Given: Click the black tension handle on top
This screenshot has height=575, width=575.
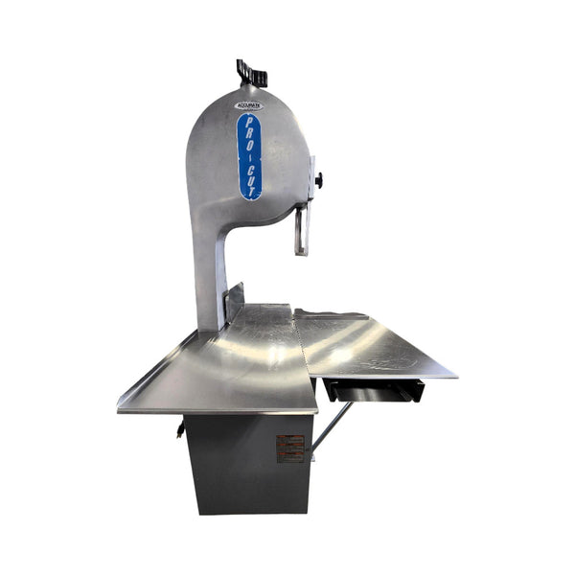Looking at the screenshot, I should [252, 73].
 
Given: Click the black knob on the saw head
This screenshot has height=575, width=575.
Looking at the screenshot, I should [317, 179].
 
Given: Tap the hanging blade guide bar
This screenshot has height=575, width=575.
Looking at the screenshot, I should [301, 231].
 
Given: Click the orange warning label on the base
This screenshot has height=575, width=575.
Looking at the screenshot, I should [290, 448].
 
